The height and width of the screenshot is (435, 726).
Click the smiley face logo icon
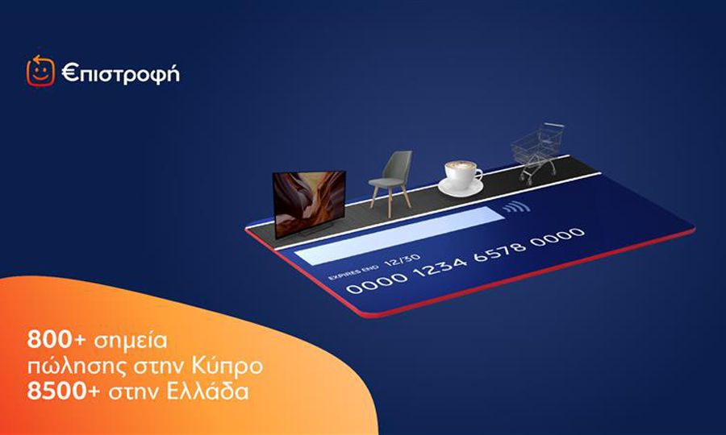40,71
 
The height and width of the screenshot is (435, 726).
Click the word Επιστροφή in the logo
120,74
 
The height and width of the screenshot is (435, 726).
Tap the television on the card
309,204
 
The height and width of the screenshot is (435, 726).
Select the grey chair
390,182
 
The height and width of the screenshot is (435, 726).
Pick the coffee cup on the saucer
461,178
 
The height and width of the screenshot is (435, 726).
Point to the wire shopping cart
538,153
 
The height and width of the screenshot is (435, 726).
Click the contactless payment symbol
516,207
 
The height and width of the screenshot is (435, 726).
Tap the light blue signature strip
398,235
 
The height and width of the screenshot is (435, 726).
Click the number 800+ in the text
56,340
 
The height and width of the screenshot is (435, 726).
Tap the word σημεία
130,342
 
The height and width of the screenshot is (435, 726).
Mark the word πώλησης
74,367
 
